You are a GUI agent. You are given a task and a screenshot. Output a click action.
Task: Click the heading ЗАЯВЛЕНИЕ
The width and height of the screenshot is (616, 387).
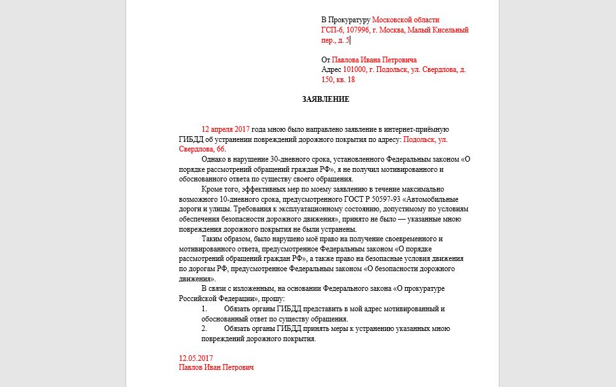click(x=326, y=99)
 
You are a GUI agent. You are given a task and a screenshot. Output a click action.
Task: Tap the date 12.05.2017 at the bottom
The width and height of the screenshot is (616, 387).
click(x=196, y=358)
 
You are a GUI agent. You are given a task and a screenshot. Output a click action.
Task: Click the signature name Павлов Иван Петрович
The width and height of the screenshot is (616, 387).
click(x=216, y=368)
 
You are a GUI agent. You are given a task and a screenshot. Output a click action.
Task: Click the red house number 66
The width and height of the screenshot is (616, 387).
click(x=220, y=149)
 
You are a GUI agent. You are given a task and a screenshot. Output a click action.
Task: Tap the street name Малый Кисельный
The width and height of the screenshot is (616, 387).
click(x=441, y=30)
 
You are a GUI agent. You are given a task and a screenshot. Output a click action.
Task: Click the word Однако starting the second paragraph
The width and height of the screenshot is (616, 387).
click(x=213, y=159)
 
